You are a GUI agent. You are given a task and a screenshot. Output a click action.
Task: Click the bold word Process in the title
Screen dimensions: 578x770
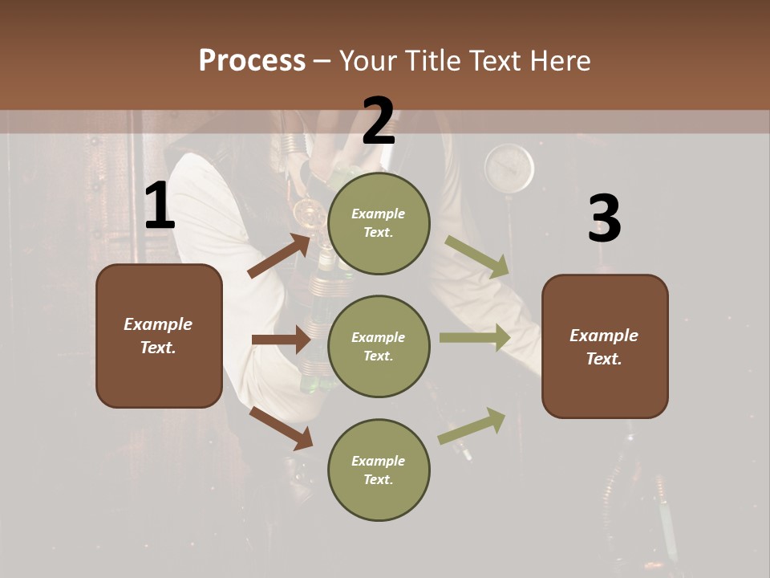coord(252,60)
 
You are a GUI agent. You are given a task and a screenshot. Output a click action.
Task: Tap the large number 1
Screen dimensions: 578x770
coord(160,206)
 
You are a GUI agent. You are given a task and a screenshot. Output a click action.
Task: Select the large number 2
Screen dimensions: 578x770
coord(379,120)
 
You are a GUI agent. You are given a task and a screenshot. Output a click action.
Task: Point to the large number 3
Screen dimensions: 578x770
coord(604,218)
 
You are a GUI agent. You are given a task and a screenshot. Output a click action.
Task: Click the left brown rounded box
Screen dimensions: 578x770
coord(159,336)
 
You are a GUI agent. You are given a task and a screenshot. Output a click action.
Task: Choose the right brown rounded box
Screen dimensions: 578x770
coord(605,346)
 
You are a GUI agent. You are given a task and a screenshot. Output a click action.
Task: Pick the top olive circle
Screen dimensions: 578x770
coord(379,222)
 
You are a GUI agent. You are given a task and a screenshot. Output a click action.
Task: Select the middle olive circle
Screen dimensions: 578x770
coord(379,346)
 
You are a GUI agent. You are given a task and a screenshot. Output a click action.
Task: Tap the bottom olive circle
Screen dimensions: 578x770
coord(379,470)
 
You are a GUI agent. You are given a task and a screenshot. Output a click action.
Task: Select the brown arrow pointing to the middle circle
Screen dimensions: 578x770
coord(280,340)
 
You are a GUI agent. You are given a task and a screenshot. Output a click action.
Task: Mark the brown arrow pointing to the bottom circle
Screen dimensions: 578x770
coord(281,428)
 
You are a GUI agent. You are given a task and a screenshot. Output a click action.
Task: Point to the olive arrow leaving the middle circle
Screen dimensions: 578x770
coord(474,338)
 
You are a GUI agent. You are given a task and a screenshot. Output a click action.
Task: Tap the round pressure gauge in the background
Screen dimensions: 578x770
coord(509,168)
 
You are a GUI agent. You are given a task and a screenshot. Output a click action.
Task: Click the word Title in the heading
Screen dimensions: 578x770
coord(434,60)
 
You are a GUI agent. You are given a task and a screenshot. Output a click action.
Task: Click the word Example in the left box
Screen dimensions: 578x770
coord(158,324)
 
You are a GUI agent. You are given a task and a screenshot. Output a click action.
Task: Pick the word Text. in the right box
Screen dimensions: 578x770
coord(604,359)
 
